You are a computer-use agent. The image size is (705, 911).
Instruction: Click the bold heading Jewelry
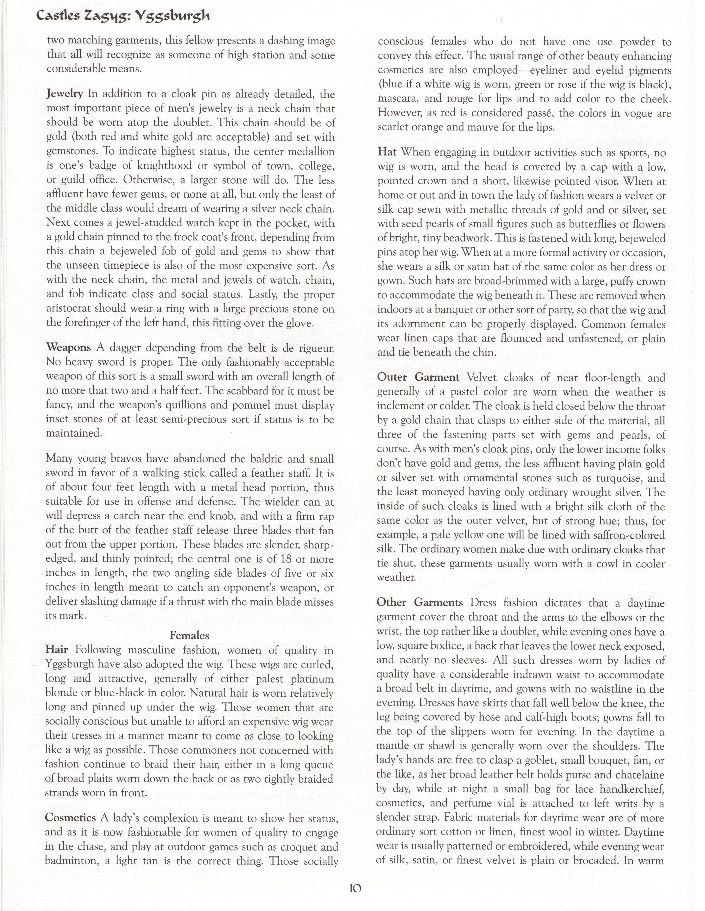coord(65,94)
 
